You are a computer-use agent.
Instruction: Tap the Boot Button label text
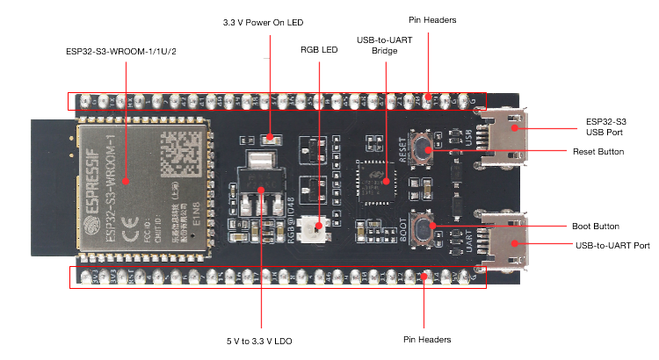(x=601, y=226)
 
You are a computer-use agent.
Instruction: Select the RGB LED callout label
(x=318, y=51)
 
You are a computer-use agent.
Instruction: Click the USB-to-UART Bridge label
(x=385, y=46)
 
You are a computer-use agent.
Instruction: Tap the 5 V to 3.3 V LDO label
(x=261, y=339)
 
